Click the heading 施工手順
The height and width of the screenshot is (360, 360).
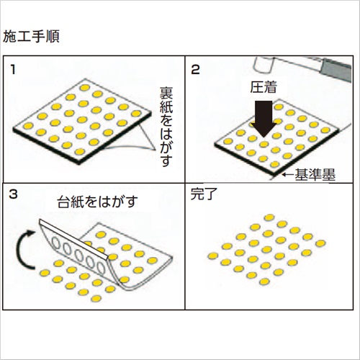tap(31, 37)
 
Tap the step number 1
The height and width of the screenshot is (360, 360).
tap(13, 70)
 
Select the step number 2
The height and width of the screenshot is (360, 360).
tap(195, 70)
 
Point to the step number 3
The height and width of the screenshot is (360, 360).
tap(13, 194)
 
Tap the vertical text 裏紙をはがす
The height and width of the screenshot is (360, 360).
tap(166, 127)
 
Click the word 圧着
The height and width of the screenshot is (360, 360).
tap(264, 87)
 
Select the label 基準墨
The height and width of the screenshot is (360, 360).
tap(315, 174)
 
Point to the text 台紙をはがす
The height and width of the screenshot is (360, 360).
tap(97, 202)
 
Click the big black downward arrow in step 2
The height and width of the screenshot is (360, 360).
tap(264, 119)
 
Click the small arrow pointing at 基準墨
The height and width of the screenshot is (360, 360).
tap(288, 174)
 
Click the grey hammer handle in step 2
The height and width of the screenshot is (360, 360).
tap(336, 70)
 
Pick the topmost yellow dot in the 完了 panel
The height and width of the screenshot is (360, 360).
tap(269, 217)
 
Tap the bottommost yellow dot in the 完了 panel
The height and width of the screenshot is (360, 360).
tap(264, 282)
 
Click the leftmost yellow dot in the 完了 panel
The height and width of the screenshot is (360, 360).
tap(213, 256)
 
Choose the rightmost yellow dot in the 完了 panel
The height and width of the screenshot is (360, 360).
tap(320, 243)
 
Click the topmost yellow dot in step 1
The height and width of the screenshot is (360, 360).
tap(85, 88)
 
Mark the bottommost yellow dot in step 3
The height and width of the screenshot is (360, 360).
tap(96, 299)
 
